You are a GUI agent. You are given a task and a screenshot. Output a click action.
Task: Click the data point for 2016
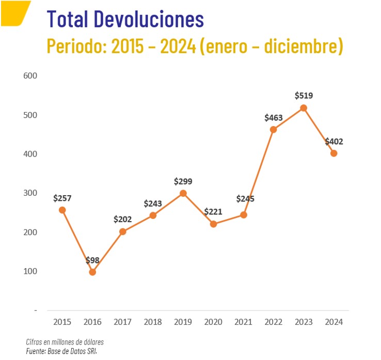(x=92, y=272)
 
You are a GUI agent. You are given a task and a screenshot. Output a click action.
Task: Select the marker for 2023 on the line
(x=304, y=108)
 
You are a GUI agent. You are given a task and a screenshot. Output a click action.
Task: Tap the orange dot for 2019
(x=183, y=193)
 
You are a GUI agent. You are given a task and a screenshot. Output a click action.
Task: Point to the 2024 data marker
(x=334, y=153)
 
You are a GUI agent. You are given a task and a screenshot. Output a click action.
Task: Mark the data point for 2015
(x=62, y=210)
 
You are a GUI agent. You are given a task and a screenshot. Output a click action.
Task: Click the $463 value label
(x=273, y=118)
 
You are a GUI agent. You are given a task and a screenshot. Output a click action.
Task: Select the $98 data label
(x=92, y=260)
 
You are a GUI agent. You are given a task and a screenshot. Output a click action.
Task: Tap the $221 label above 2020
(x=213, y=212)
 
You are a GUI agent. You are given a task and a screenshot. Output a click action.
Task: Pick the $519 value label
(x=304, y=96)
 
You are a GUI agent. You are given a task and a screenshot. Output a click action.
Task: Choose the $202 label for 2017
(x=122, y=219)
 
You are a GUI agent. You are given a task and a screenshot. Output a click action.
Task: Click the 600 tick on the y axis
(x=30, y=75)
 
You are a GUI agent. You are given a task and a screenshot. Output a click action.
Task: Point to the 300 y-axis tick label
(x=30, y=193)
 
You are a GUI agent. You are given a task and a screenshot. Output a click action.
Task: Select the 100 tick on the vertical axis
(x=30, y=271)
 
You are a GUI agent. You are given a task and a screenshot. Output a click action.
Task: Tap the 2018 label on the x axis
(x=153, y=322)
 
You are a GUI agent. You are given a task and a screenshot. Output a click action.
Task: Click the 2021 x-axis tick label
(x=243, y=322)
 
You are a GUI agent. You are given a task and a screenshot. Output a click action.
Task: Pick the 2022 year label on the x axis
(x=273, y=322)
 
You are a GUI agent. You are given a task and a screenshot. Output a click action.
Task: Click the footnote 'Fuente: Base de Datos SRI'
(x=61, y=351)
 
